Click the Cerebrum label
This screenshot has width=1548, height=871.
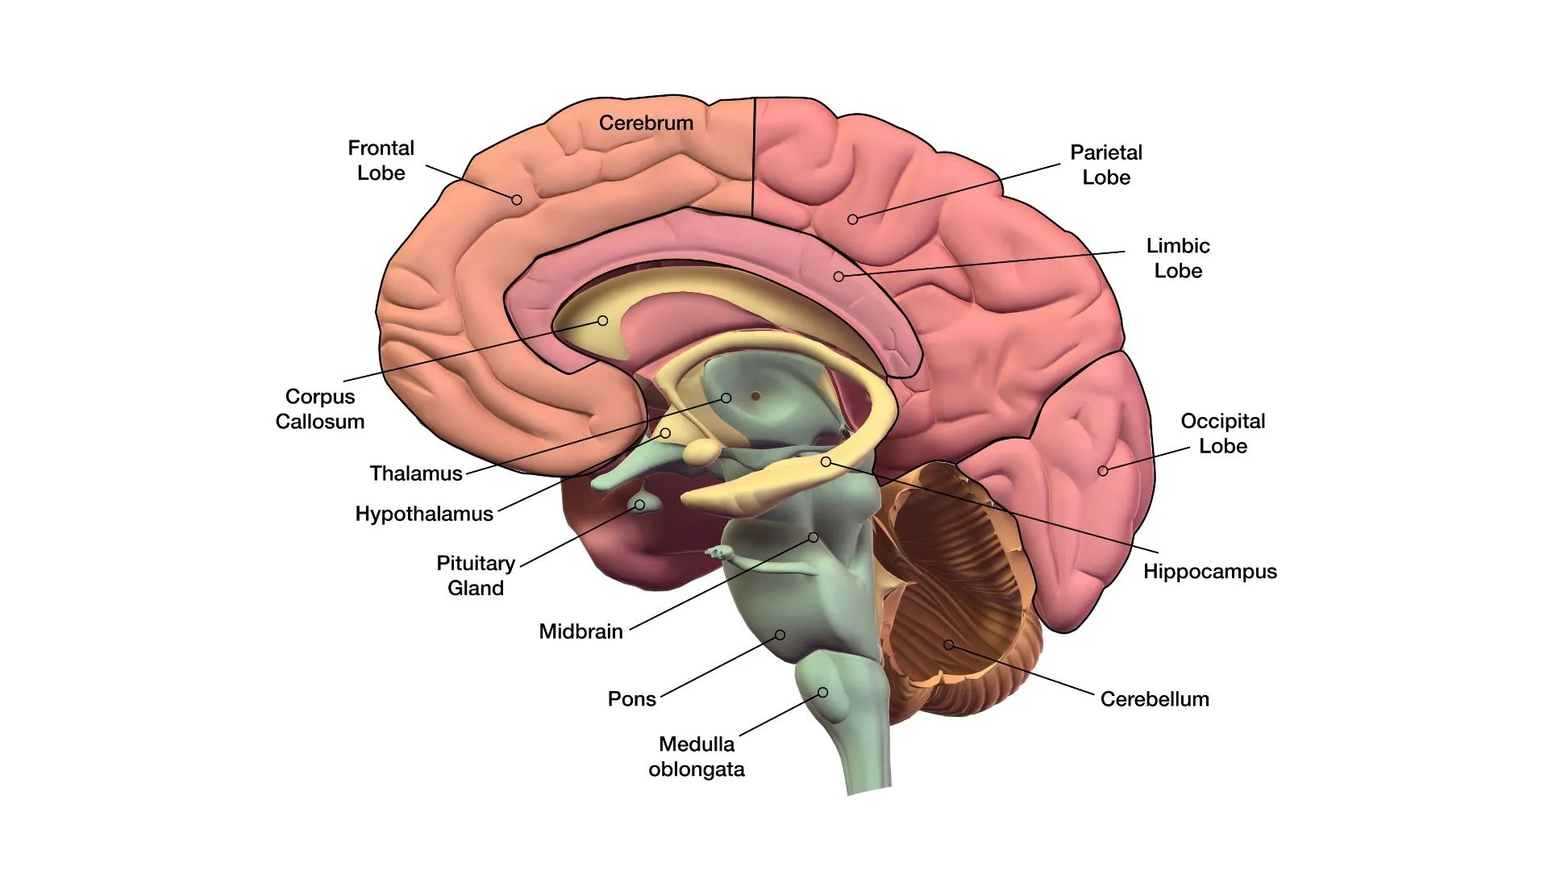646,123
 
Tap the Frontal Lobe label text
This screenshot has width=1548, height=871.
381,160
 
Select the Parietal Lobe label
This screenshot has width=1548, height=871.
1106,165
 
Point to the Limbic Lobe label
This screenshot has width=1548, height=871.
1178,258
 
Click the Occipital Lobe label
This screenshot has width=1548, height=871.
1222,433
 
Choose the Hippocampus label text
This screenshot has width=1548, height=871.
1209,572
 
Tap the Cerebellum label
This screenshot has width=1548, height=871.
1155,699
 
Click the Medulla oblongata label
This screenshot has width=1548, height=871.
697,756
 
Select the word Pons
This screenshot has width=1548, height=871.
631,699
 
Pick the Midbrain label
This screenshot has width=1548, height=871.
580,631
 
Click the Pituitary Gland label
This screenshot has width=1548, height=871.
476,575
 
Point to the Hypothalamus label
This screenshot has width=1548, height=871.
424,515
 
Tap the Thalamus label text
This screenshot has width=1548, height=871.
416,473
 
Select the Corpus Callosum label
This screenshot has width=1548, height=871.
320,409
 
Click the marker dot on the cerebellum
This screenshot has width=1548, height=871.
949,644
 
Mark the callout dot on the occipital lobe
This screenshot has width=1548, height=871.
1103,471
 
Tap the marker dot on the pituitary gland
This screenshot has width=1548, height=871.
639,505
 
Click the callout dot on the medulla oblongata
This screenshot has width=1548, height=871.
823,692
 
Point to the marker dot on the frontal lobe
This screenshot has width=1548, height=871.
517,199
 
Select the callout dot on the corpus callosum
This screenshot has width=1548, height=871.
602,321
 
